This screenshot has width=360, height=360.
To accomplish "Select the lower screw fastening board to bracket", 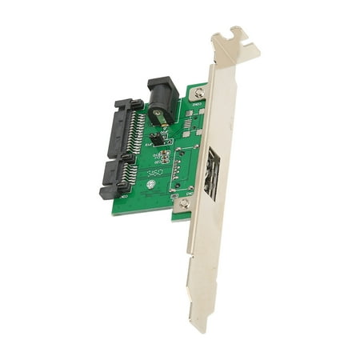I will [x=185, y=203].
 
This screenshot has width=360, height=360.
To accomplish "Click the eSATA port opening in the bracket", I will [x=211, y=172].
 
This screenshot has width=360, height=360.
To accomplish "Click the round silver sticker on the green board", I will [x=149, y=192].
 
